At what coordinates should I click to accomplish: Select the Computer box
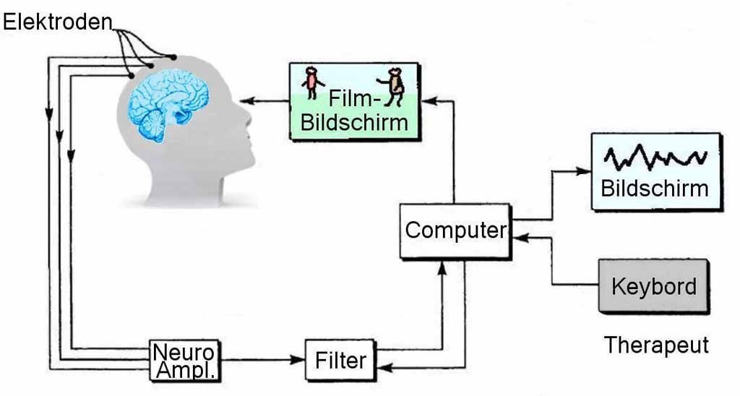(455, 231)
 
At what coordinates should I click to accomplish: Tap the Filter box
(340, 359)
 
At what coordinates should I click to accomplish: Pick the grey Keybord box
(653, 286)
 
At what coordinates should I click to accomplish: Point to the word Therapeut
(656, 345)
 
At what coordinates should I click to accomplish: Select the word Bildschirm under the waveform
(655, 189)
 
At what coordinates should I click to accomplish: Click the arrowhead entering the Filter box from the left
(298, 359)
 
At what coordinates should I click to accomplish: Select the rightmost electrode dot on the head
(174, 57)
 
